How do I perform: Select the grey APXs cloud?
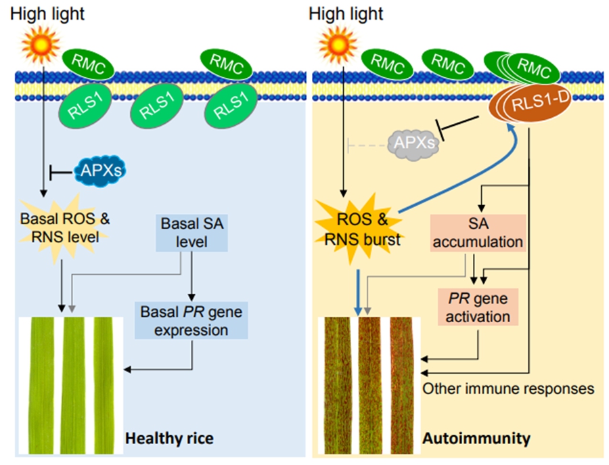tap(413, 143)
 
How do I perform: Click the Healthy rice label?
tap(169, 439)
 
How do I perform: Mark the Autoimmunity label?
tap(476, 439)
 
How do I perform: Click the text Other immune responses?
tap(508, 389)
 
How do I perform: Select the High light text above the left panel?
tap(46, 13)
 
